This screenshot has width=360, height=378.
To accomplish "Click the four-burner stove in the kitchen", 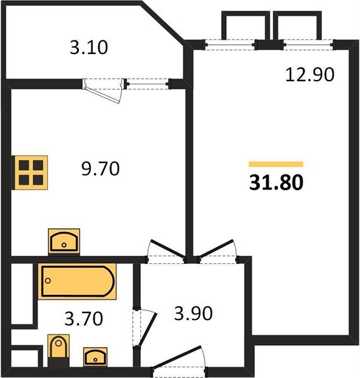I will pyautogui.click(x=30, y=172).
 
